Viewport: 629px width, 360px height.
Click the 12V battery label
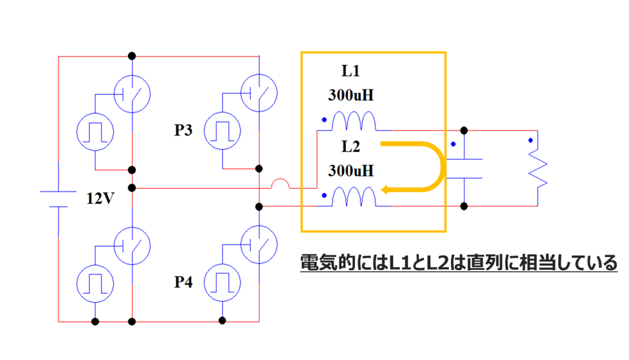point(101,199)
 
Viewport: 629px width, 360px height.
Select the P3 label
point(184,129)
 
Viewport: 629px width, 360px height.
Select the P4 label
point(184,282)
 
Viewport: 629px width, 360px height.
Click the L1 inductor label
point(351,70)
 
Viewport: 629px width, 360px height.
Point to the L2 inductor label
point(351,146)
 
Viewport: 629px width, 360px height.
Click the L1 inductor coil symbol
point(354,122)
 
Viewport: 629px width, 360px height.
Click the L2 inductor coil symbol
point(354,198)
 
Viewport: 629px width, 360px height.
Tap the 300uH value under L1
point(351,95)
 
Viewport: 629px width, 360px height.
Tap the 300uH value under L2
point(351,170)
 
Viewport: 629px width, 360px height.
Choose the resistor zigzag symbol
point(538,169)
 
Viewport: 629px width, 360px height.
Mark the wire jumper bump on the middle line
point(280,184)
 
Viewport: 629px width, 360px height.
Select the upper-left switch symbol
point(131,91)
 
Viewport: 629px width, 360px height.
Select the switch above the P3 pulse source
point(259,91)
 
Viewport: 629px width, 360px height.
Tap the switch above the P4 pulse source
point(259,243)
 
